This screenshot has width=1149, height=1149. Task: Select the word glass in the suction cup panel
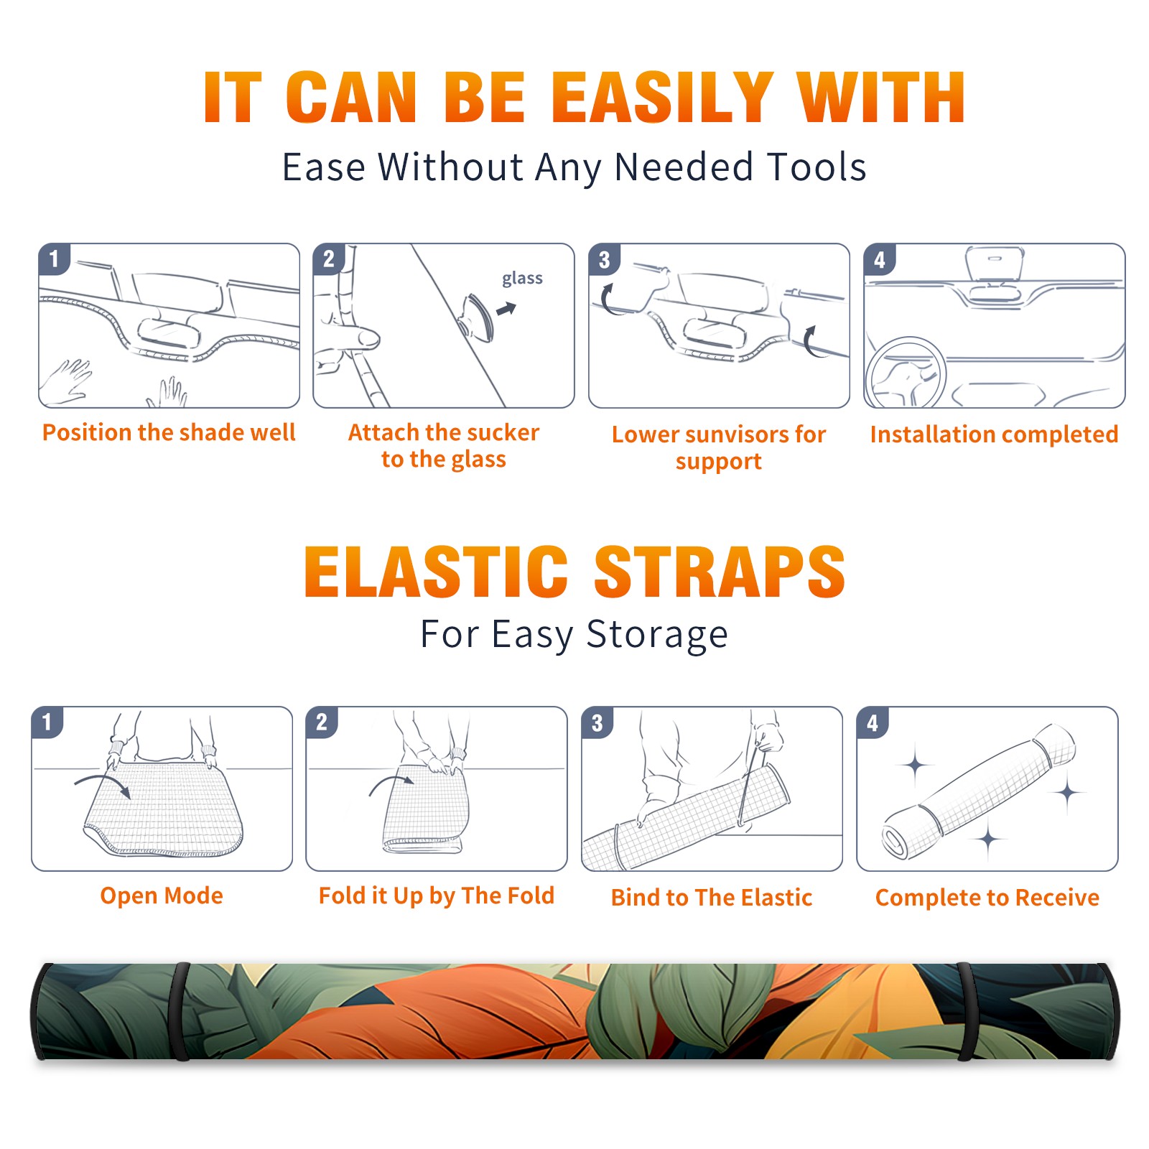pyautogui.click(x=522, y=278)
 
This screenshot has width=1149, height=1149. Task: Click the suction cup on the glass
pyautogui.click(x=477, y=316)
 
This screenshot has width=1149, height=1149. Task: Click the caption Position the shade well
pyautogui.click(x=169, y=432)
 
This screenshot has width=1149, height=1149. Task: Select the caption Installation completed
pyautogui.click(x=994, y=434)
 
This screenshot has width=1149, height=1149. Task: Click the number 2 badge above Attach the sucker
pyautogui.click(x=329, y=259)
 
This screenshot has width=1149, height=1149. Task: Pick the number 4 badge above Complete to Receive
pyautogui.click(x=873, y=722)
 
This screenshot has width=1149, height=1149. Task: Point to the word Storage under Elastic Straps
pyautogui.click(x=657, y=635)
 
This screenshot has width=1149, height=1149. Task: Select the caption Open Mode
pyautogui.click(x=162, y=896)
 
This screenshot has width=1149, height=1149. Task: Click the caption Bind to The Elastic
pyautogui.click(x=712, y=898)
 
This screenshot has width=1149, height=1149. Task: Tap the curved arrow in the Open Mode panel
pyautogui.click(x=103, y=784)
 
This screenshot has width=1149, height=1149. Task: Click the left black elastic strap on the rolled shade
pyautogui.click(x=181, y=1012)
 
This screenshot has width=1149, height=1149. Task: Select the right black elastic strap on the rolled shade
pyautogui.click(x=967, y=1012)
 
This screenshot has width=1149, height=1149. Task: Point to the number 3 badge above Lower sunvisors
pyautogui.click(x=604, y=259)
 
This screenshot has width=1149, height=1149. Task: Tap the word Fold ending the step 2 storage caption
pyautogui.click(x=531, y=896)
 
